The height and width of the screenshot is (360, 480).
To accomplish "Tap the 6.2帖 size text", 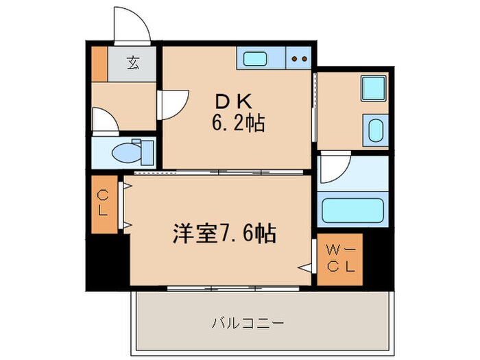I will click(237, 125).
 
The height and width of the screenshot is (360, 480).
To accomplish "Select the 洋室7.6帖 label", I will click(224, 235).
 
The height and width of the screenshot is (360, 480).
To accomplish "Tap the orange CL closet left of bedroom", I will click(103, 204).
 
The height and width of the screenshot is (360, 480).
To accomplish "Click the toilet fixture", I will click(134, 152).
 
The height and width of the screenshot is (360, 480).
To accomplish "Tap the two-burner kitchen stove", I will click(299, 59).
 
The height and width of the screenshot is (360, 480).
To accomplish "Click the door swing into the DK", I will click(173, 104).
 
